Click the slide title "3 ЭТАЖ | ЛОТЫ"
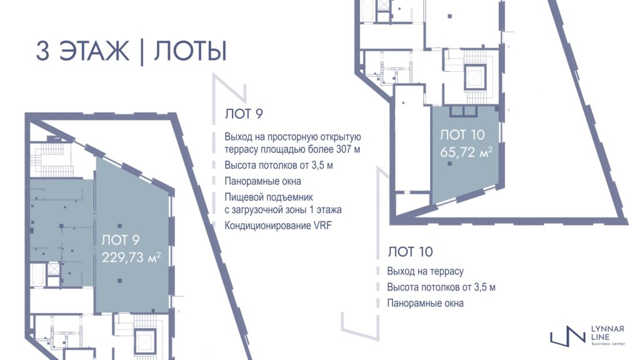pos(131,51)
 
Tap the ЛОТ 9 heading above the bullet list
pos(244,114)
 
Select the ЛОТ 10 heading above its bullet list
pos(410,251)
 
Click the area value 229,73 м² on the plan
pos(131,257)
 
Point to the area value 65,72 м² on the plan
pos(466,152)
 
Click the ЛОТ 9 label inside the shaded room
pos(121,240)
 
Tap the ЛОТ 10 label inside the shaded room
pos(462,134)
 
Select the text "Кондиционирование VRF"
pos(278,226)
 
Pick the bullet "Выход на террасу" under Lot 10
pos(425,271)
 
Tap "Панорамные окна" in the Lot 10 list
pos(425,303)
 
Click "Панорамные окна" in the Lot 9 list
pos(263,181)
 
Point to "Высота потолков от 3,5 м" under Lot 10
pos(441,287)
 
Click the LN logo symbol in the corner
pos(567,336)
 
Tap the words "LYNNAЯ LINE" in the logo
pos(607,333)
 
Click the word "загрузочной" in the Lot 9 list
pos(257,210)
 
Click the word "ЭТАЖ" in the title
pos(94,51)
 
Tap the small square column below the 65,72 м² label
pos(449,164)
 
